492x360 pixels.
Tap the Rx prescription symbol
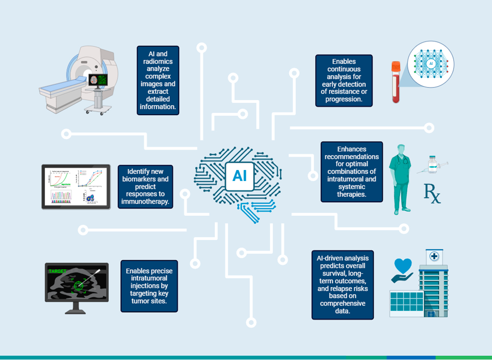point(432,193)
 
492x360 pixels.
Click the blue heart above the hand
point(403,266)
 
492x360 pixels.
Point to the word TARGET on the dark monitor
point(57,271)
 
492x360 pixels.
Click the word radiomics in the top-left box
point(159,62)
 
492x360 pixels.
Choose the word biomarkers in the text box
point(146,179)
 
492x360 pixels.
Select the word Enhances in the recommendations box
point(352,149)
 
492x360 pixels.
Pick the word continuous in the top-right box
point(344,69)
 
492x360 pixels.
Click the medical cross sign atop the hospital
point(435,257)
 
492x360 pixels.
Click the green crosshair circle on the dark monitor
point(79,286)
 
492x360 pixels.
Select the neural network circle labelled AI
point(430,64)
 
